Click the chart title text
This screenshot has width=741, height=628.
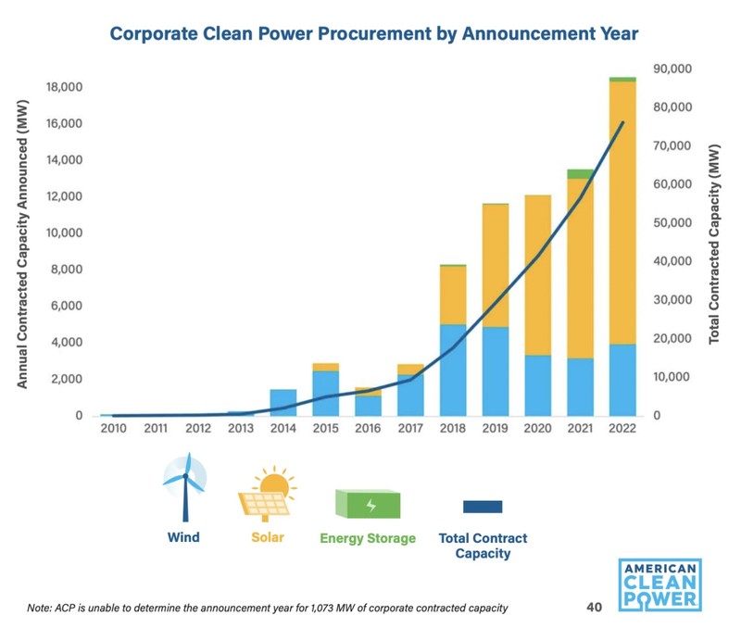374,35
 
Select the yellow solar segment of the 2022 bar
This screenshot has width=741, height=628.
622,213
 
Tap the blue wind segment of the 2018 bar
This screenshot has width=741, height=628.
452,371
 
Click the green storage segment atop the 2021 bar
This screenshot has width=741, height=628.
580,173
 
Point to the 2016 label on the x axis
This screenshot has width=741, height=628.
367,430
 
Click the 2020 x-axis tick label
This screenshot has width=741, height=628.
537,430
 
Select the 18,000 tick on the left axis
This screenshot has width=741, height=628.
65,87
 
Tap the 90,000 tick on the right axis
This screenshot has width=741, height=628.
673,69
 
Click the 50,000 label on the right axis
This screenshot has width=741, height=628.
673,223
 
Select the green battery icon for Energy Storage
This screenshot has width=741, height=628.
368,505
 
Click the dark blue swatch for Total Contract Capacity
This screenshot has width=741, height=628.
482,507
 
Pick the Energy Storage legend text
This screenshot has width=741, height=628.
368,538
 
